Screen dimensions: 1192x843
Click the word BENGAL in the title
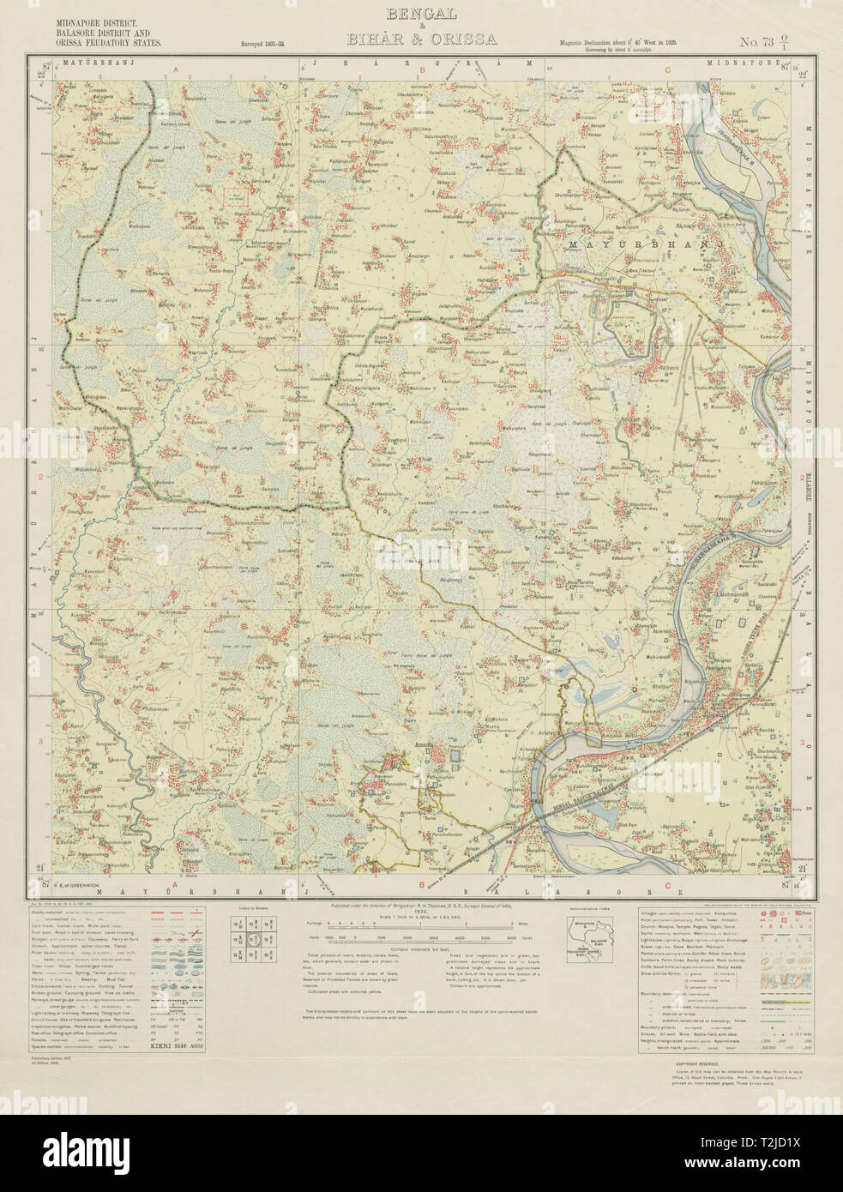tap(421, 15)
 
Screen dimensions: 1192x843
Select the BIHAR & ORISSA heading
tap(421, 39)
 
